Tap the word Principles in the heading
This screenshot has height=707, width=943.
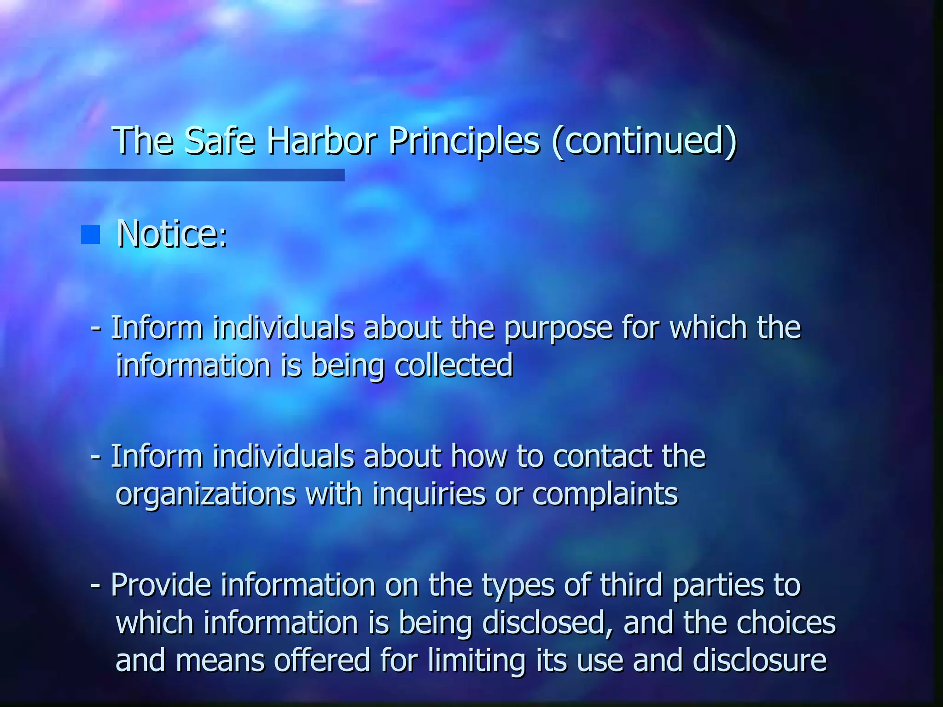click(464, 141)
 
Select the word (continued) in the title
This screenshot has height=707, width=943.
click(644, 141)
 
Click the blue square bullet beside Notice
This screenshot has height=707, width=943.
click(90, 235)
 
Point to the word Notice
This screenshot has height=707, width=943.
click(171, 234)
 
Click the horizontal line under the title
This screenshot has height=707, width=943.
click(172, 175)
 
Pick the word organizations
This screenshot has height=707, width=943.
click(205, 494)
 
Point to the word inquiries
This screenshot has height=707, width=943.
click(429, 494)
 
